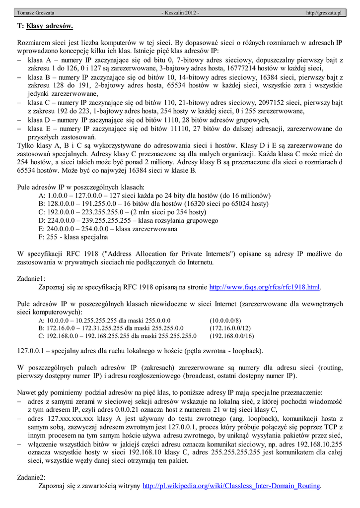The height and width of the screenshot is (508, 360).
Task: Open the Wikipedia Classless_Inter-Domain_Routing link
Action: (x=231, y=486)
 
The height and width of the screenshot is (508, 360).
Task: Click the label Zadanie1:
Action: (x=31, y=278)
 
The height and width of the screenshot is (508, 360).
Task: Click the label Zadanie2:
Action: (x=31, y=477)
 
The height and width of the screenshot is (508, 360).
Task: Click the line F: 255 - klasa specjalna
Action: (x=73, y=237)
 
